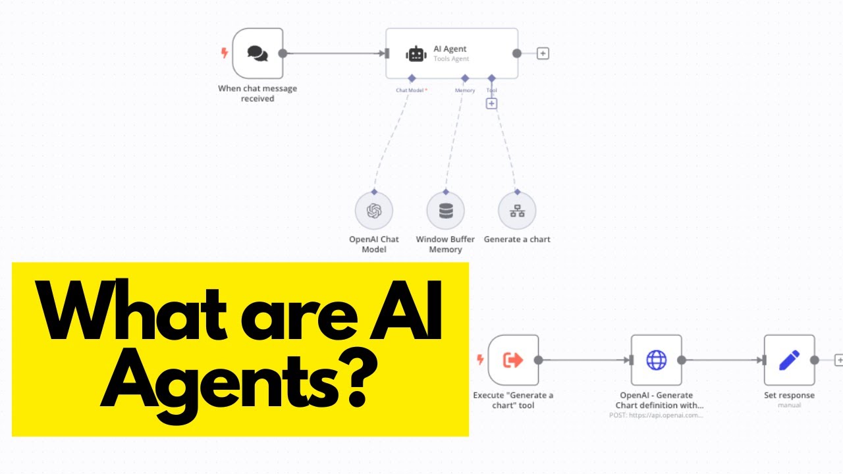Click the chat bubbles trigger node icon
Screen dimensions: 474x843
258,53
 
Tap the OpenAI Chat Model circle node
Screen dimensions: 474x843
374,211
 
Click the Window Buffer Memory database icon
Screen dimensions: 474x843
446,211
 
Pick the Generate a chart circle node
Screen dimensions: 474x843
517,211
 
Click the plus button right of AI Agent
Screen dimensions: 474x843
543,53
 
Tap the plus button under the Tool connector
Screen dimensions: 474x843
491,103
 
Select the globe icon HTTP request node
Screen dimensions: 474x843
656,360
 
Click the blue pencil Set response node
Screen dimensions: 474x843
789,360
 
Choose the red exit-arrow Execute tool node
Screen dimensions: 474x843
513,360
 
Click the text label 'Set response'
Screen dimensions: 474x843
789,396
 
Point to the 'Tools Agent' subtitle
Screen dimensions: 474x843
451,59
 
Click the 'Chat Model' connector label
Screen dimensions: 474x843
410,90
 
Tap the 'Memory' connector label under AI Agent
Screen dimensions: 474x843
465,90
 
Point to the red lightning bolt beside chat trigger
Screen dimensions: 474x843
225,53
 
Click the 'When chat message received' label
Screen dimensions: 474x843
258,93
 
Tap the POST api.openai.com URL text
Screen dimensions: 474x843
657,415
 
